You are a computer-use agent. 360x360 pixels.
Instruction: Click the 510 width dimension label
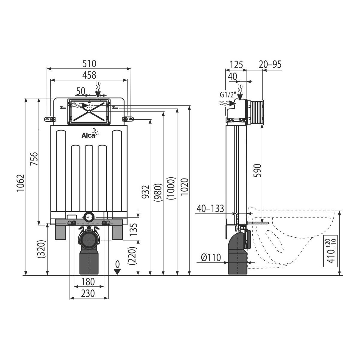89,64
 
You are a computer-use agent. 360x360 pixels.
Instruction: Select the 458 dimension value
89,75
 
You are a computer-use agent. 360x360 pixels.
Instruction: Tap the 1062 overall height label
21,183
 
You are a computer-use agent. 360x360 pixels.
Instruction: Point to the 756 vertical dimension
34,159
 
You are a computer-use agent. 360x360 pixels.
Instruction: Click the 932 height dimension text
146,192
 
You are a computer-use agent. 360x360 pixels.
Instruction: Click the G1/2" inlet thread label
228,95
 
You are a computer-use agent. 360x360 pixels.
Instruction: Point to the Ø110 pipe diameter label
211,258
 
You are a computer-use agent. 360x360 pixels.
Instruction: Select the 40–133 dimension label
210,208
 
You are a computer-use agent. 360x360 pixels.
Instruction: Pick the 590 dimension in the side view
257,170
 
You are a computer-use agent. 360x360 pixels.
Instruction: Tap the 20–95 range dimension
270,64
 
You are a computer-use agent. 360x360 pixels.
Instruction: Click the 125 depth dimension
236,65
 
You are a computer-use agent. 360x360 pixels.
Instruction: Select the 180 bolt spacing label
88,282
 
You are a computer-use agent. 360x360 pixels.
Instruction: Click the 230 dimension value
88,293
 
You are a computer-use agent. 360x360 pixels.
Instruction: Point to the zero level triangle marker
117,272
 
